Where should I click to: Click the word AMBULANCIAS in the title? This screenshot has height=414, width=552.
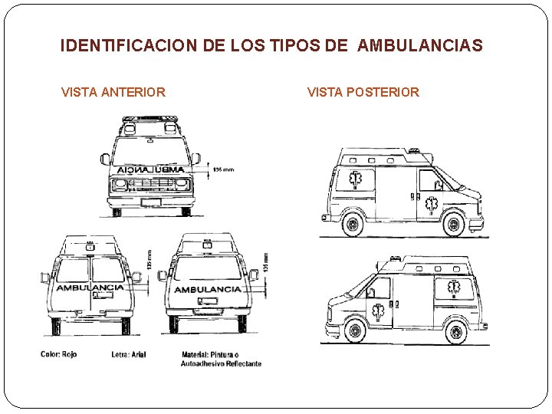click(x=420, y=46)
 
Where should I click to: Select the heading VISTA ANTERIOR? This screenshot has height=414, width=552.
click(x=113, y=93)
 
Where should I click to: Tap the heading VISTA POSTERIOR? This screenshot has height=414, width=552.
click(x=363, y=93)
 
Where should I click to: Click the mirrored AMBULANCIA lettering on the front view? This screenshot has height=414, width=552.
click(x=151, y=169)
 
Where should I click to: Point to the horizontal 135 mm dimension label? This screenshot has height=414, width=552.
click(x=223, y=169)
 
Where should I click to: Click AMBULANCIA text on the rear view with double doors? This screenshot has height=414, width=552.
click(x=90, y=287)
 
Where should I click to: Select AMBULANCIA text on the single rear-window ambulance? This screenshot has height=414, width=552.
click(x=208, y=289)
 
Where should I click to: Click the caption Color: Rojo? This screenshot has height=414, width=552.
click(x=58, y=354)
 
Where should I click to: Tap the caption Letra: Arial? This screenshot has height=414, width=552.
click(x=128, y=354)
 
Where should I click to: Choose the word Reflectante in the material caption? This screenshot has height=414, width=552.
click(x=242, y=363)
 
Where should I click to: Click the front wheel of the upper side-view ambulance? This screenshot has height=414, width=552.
click(x=453, y=225)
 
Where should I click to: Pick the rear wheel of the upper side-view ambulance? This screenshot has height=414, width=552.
click(x=353, y=225)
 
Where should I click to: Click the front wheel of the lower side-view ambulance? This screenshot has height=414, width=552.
click(x=353, y=331)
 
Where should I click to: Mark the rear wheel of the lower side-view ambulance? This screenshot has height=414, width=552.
click(x=455, y=332)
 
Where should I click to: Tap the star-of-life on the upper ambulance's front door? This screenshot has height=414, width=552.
click(x=432, y=204)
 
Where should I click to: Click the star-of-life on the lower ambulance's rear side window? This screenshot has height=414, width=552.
click(x=454, y=288)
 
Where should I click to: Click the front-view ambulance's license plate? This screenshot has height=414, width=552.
click(x=151, y=202)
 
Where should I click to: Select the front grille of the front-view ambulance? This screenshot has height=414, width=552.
click(x=151, y=185)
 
